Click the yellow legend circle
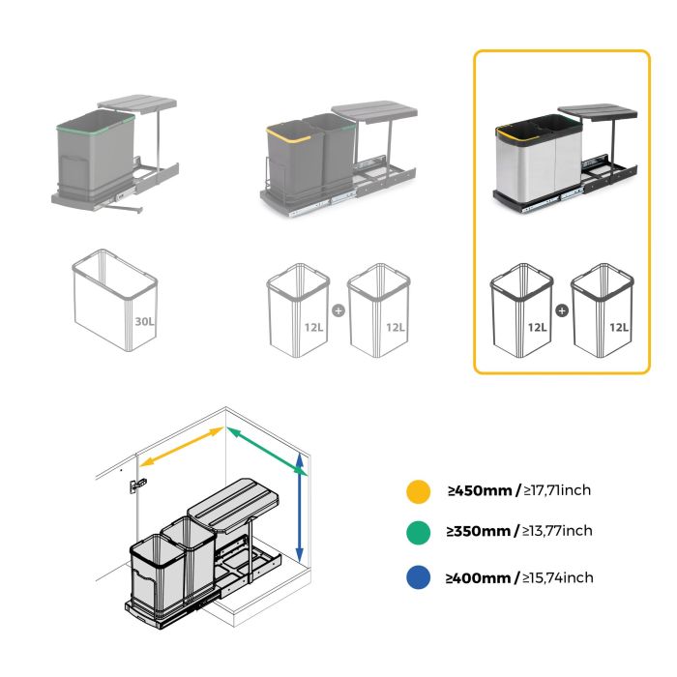click(418, 491)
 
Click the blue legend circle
click(418, 578)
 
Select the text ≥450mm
click(478, 490)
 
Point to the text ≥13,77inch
click(558, 531)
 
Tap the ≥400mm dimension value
click(478, 578)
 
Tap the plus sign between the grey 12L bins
click(338, 311)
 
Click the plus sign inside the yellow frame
click(561, 311)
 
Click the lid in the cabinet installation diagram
click(232, 497)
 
